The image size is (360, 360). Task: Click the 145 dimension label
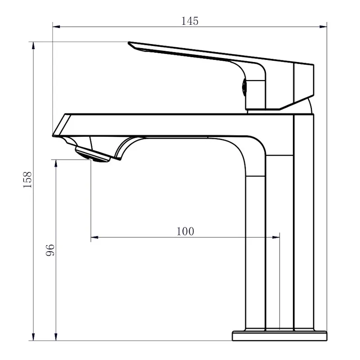[190, 21]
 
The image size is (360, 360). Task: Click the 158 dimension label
[27, 180]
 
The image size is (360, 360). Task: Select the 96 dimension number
[50, 250]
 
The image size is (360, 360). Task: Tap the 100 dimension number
[185, 231]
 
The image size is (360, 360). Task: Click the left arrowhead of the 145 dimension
[56, 27]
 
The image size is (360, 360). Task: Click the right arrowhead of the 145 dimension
[323, 27]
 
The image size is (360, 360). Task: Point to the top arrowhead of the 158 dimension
[33, 45]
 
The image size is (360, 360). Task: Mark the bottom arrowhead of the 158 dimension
[33, 337]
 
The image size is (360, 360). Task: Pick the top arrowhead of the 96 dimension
[55, 163]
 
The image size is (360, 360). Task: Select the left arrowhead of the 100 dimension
[94, 237]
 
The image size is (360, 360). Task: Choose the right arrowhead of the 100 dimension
[276, 237]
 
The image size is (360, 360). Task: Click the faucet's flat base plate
[279, 336]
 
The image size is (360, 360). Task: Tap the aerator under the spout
[93, 155]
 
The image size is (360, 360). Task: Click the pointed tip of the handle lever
[129, 42]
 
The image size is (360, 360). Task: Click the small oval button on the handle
[244, 87]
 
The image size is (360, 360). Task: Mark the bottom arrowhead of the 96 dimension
[55, 337]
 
